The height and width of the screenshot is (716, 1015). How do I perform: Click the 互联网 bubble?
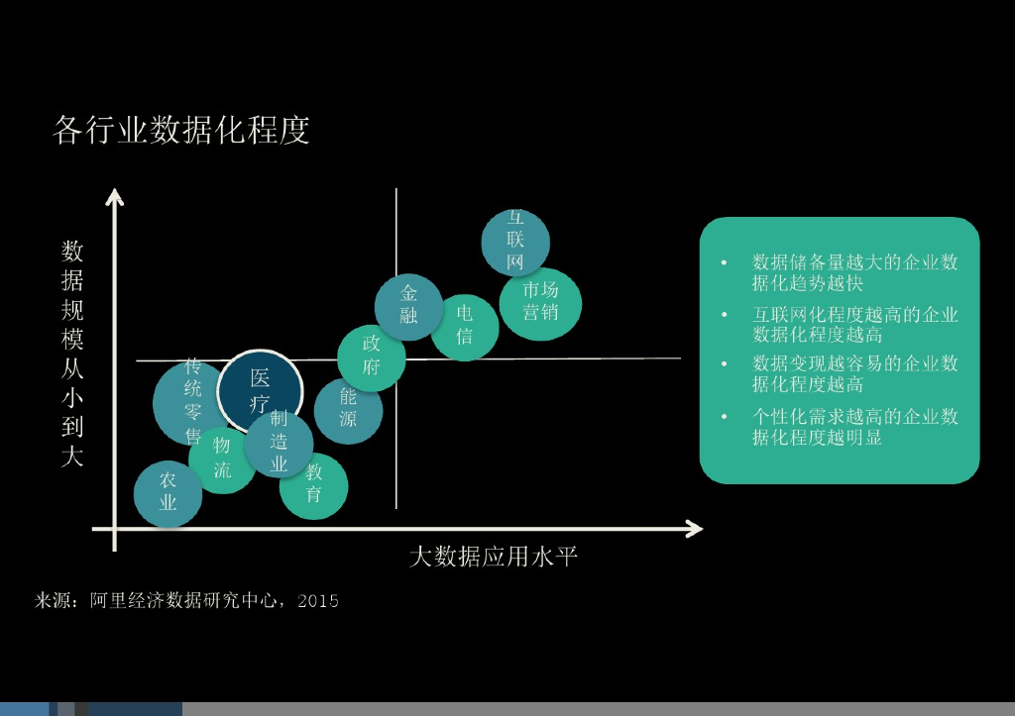point(515,240)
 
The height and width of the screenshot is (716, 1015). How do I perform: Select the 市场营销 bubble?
point(540,302)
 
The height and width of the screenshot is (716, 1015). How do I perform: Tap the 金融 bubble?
point(408,305)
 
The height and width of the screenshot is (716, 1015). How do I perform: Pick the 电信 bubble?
point(464,326)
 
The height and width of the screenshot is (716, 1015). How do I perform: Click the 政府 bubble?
point(372,357)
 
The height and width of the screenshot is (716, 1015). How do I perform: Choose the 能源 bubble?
point(348,409)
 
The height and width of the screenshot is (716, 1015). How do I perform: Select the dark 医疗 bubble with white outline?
point(260,391)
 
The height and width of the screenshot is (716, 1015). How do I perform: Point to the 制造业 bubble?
point(279,442)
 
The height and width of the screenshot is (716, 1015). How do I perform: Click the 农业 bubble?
point(168,492)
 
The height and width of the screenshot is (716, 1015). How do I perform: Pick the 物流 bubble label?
point(222,458)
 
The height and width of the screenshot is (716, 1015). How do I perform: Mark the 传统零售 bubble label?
point(192,401)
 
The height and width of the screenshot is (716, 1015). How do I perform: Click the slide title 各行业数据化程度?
point(181,130)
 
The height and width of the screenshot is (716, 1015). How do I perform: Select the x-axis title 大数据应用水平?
point(494,557)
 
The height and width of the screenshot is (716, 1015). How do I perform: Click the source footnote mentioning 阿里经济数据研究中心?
point(187,600)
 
